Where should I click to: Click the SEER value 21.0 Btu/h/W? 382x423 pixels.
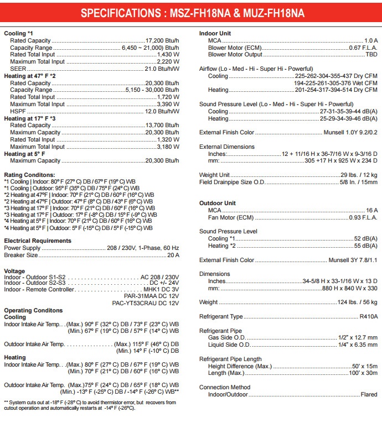162,69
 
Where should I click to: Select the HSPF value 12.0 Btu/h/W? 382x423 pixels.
162,111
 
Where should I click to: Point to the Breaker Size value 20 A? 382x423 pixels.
173,255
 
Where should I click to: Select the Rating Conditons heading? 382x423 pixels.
33,175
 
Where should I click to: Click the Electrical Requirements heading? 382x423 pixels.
38,241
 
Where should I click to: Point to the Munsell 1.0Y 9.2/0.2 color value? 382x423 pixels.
350,133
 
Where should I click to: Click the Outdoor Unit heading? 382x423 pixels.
218,203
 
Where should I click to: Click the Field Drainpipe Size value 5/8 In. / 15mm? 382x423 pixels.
359,182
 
